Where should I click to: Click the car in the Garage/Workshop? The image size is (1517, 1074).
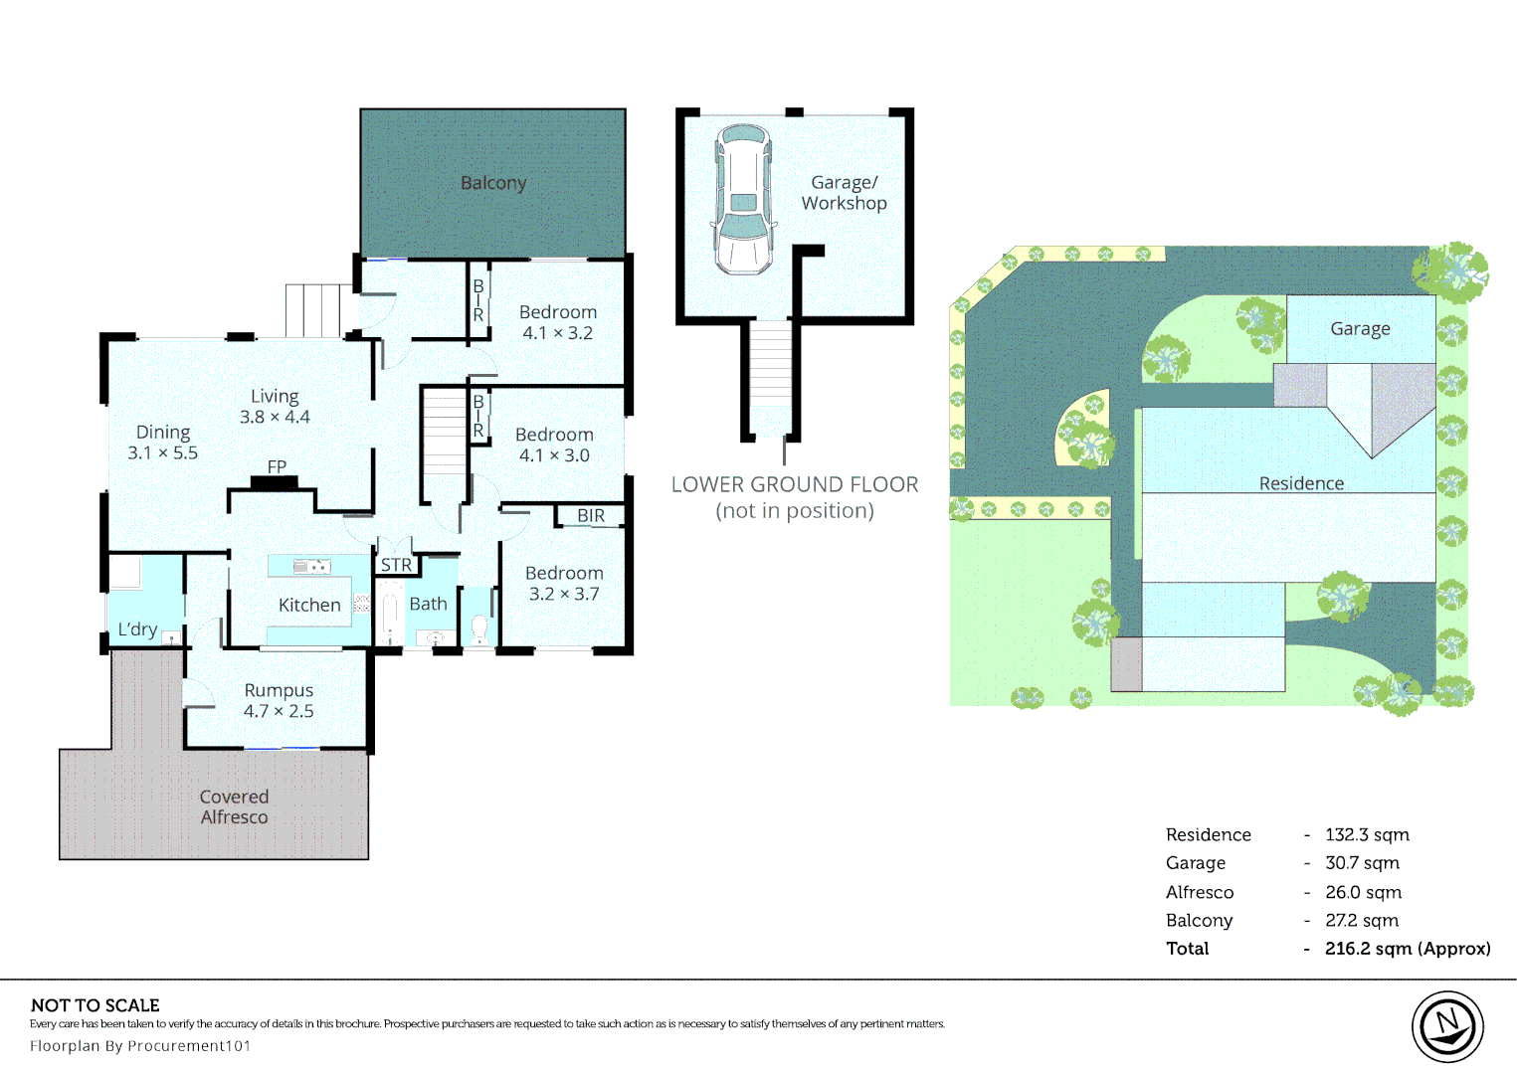(743, 199)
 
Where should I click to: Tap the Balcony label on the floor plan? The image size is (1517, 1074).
(493, 183)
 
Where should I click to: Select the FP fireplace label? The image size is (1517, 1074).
(277, 465)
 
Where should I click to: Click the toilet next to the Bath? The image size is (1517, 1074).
(479, 629)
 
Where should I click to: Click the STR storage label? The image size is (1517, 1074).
(396, 565)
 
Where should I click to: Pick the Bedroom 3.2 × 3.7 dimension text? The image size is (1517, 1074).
(564, 594)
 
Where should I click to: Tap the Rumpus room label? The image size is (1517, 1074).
(279, 690)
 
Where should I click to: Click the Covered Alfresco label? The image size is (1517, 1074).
(235, 806)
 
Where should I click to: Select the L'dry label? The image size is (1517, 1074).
(137, 629)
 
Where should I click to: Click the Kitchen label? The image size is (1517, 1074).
(309, 605)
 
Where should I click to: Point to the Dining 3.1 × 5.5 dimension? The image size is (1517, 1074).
(162, 452)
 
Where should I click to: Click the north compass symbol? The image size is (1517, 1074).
(1447, 1026)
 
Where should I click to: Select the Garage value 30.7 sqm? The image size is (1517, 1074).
(1362, 863)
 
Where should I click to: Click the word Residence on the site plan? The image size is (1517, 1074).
(1301, 483)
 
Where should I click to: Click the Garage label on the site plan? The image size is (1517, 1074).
(1360, 329)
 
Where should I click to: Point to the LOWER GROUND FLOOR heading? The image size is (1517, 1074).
(795, 484)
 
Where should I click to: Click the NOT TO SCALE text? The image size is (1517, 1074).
(95, 1005)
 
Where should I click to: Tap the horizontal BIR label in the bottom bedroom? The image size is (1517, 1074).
(591, 515)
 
